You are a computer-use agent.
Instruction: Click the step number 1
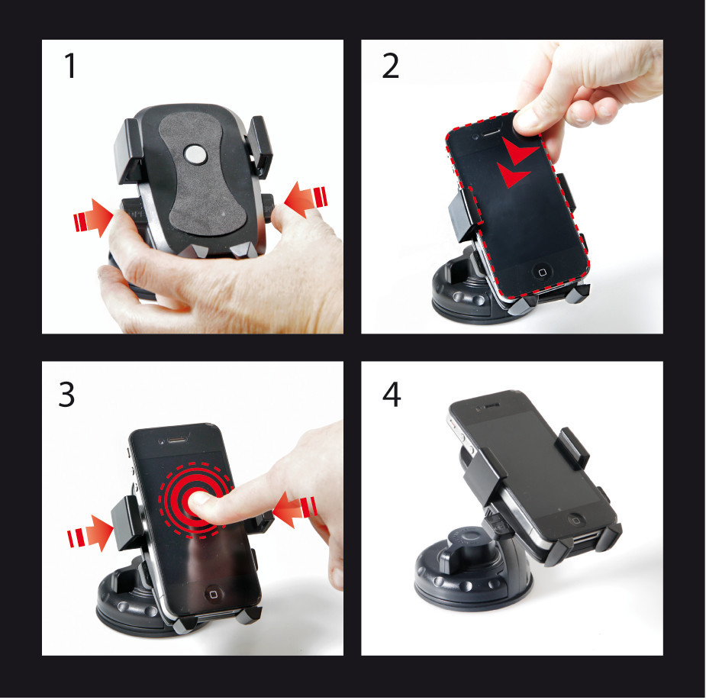click(x=70, y=67)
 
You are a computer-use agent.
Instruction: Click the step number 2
click(x=390, y=67)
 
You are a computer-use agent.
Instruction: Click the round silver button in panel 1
click(x=196, y=154)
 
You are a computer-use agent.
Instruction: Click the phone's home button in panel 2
click(x=543, y=271)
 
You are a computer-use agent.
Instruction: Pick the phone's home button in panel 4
click(x=574, y=518)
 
